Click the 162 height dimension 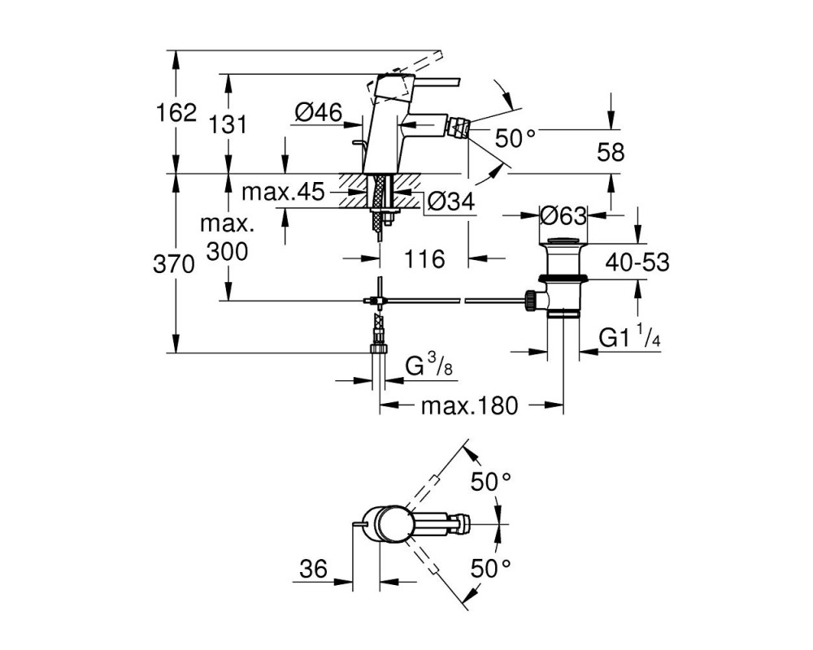click(x=176, y=112)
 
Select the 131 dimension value click(x=228, y=125)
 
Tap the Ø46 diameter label click(x=319, y=112)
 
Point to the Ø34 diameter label click(x=450, y=201)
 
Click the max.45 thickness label click(x=283, y=192)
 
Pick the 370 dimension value click(x=174, y=264)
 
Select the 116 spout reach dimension click(x=424, y=258)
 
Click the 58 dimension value click(x=611, y=153)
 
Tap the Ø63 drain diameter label click(x=563, y=215)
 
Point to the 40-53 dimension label click(x=637, y=262)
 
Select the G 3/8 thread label click(x=429, y=366)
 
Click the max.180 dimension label click(x=469, y=405)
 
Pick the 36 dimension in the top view click(x=314, y=569)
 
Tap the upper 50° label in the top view click(x=490, y=483)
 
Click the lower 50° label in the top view click(x=490, y=569)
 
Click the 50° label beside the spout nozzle click(x=515, y=138)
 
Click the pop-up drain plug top click(x=563, y=241)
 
